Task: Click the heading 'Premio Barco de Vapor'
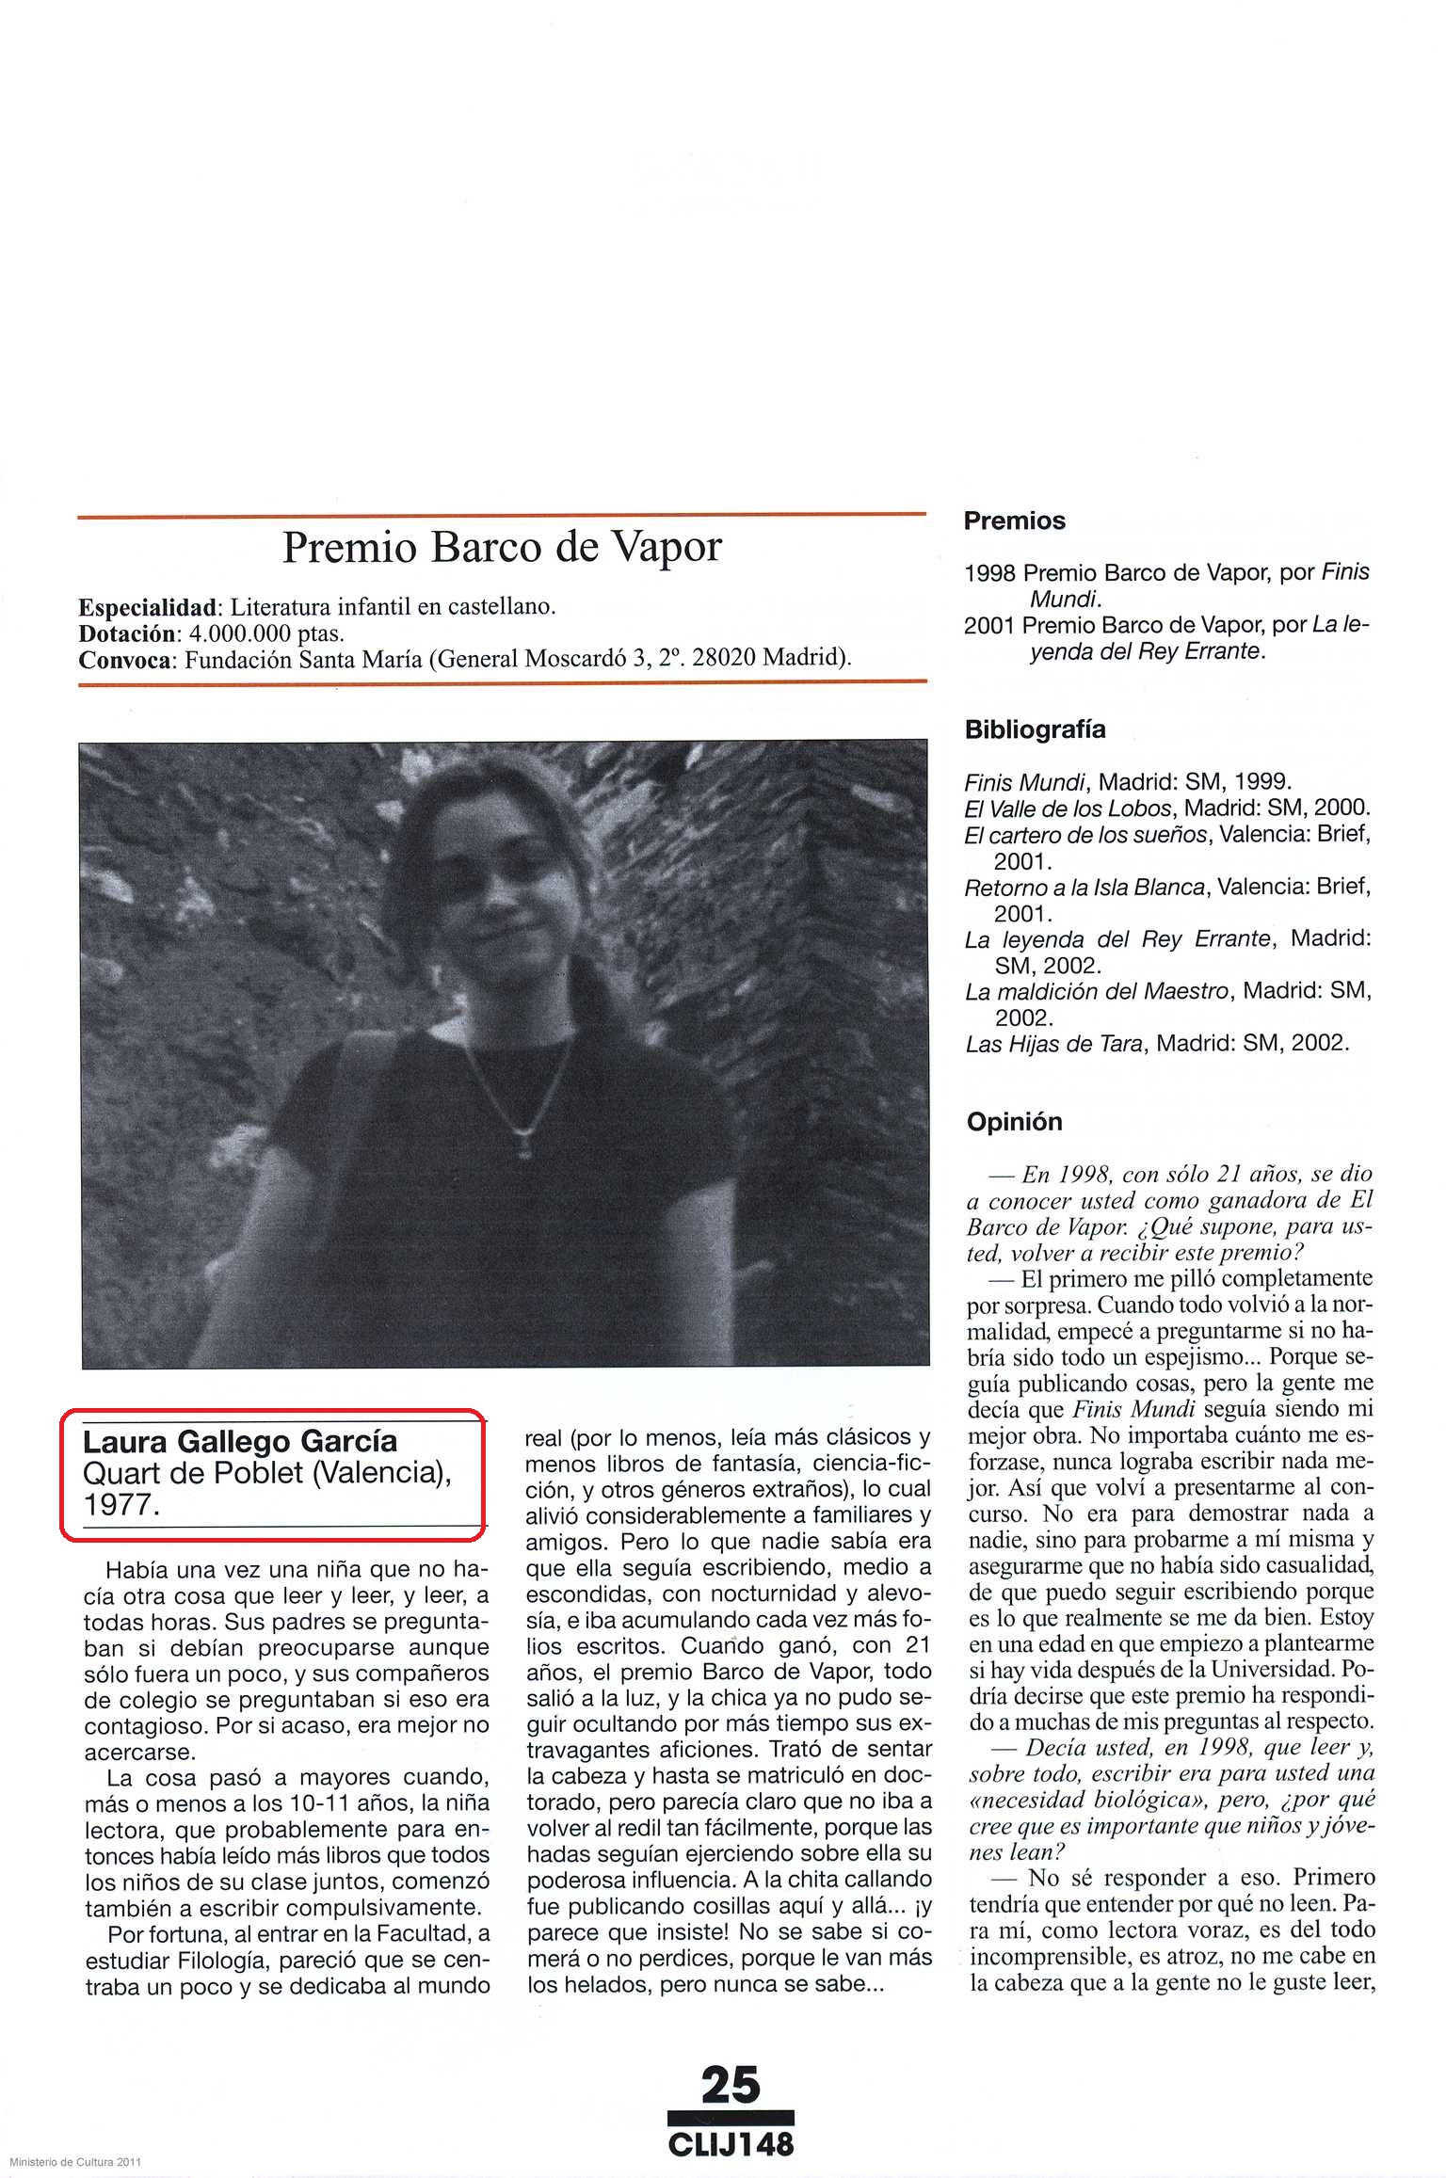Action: point(502,548)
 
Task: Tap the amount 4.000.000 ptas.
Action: point(266,633)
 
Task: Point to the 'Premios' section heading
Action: point(1014,521)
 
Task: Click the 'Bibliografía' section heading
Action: point(1035,729)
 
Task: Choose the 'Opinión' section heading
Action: point(1014,1122)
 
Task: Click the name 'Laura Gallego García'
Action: point(240,1442)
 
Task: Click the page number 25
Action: point(731,2084)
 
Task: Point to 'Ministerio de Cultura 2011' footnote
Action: point(75,2162)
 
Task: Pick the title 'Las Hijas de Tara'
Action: point(1054,1044)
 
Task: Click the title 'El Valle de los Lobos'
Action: point(1068,809)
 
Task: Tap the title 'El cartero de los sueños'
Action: point(1084,835)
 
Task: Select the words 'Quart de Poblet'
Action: point(193,1474)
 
